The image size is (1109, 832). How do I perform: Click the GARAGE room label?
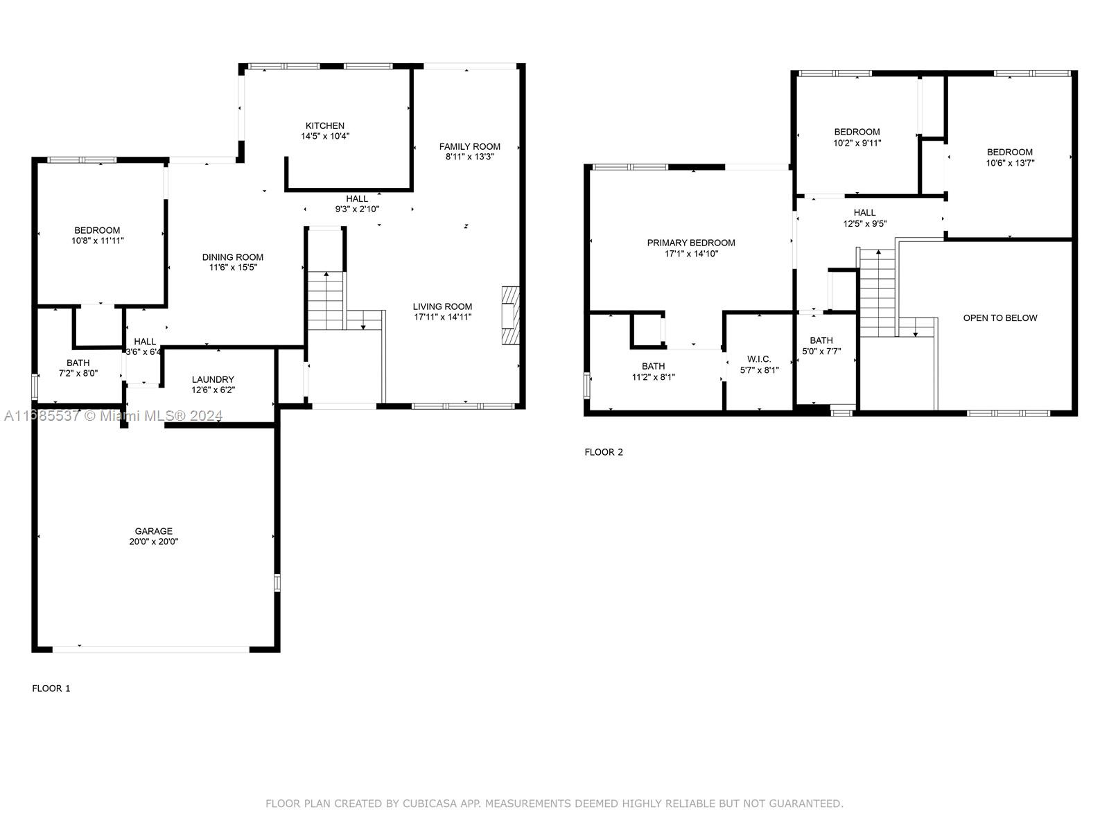154,531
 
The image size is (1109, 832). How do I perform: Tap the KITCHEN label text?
325,125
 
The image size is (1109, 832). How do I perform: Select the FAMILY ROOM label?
469,146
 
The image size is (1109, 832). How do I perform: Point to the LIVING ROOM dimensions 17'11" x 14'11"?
443,317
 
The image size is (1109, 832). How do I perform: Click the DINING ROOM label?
233,257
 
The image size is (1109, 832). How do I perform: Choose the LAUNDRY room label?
213,379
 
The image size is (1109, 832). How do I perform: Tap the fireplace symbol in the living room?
510,315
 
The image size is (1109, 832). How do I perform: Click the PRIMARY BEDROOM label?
691,243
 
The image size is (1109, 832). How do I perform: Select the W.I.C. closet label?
759,359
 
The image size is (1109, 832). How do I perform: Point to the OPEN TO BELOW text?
1000,318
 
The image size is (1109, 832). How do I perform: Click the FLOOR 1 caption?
51,688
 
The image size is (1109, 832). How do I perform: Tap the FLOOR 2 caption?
604,452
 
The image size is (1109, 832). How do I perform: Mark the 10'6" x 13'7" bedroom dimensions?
1010,163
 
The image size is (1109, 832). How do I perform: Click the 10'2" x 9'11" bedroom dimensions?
857,143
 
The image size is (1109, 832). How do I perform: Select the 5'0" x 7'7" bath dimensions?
821,351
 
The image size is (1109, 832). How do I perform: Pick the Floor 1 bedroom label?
97,230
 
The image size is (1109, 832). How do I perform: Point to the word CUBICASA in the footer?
430,803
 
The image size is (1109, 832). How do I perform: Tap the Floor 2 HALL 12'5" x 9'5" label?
864,218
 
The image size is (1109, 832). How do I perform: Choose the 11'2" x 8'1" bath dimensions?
654,377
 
